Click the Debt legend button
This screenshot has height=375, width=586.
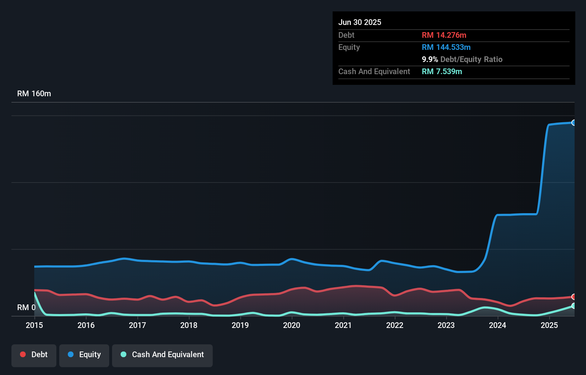[x=34, y=355]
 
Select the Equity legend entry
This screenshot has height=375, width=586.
[x=84, y=355]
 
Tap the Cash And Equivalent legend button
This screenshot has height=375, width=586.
[x=162, y=355]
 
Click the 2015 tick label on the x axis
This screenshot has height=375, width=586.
[x=34, y=325]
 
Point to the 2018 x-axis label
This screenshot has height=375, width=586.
[x=189, y=325]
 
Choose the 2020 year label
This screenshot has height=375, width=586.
[x=292, y=325]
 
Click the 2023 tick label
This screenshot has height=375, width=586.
[x=446, y=325]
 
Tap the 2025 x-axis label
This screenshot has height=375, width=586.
[x=549, y=325]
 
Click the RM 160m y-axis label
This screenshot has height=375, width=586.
[x=34, y=94]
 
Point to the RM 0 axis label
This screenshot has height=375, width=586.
[x=26, y=307]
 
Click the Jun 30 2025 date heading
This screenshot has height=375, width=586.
[x=360, y=22]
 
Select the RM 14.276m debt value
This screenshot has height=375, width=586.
[x=444, y=35]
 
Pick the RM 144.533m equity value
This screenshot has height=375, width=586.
[x=446, y=47]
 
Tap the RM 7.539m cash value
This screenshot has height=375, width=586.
[x=442, y=72]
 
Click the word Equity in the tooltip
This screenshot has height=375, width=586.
[x=349, y=47]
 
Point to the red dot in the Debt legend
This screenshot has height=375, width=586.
[x=23, y=354]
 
